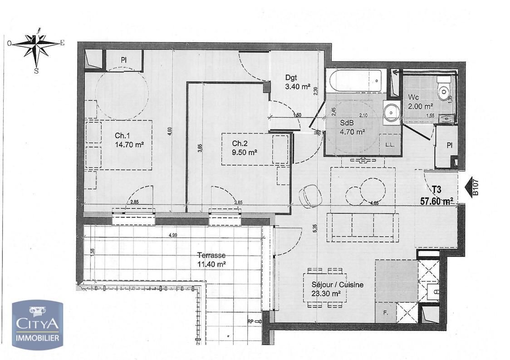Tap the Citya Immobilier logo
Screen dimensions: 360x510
point(37,325)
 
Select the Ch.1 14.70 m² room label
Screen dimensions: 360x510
point(129,140)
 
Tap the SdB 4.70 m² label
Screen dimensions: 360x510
point(352,128)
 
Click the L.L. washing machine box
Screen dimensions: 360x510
point(389,145)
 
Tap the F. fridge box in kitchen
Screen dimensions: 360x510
point(385,313)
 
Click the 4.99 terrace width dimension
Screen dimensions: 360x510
point(173,235)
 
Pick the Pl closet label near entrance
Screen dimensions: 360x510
point(449,146)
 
